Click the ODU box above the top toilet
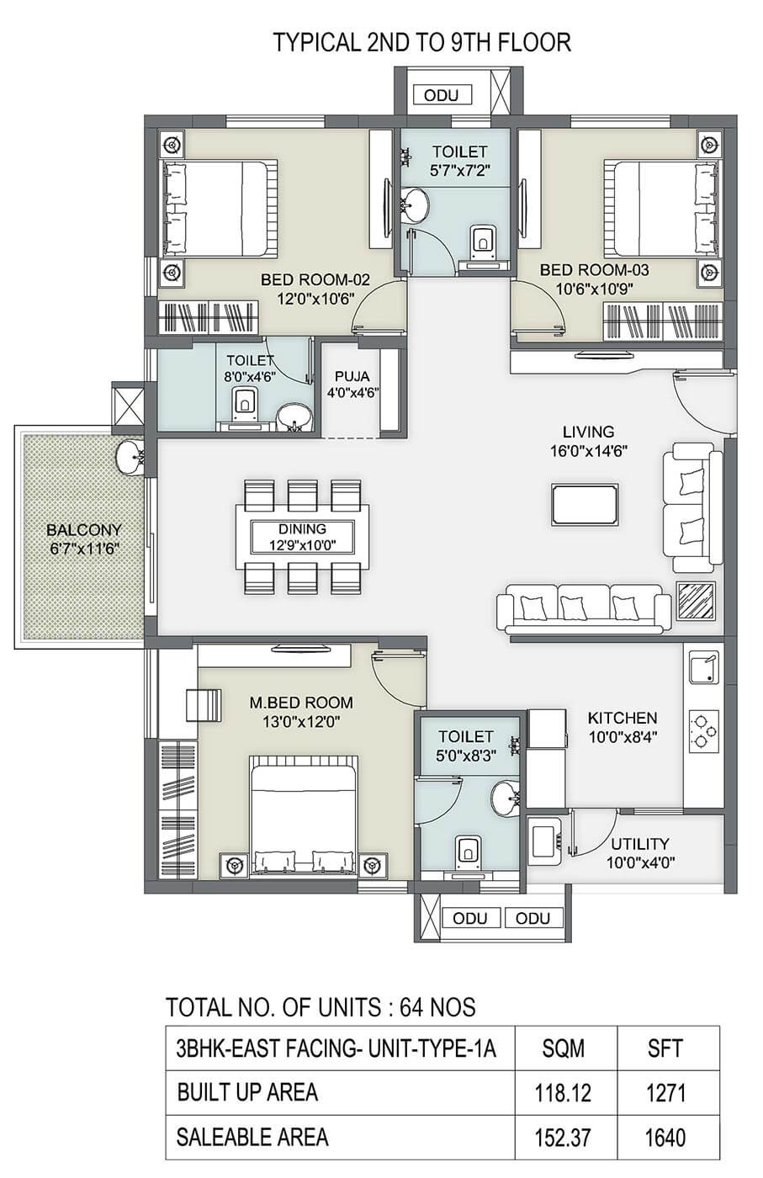[441, 95]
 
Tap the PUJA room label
[352, 377]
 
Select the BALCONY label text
[84, 529]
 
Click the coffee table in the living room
[585, 505]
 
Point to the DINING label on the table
[302, 528]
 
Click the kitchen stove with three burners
[704, 730]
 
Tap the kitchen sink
[704, 667]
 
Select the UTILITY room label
[640, 844]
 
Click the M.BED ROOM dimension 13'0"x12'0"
[301, 722]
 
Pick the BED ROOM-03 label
[594, 270]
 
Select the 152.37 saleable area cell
[563, 1138]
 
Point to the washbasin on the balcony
[130, 458]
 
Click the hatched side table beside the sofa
[695, 601]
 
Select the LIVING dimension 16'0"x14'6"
[589, 451]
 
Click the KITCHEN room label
[622, 718]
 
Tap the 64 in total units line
[412, 1008]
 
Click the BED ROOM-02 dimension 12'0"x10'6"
[315, 299]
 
